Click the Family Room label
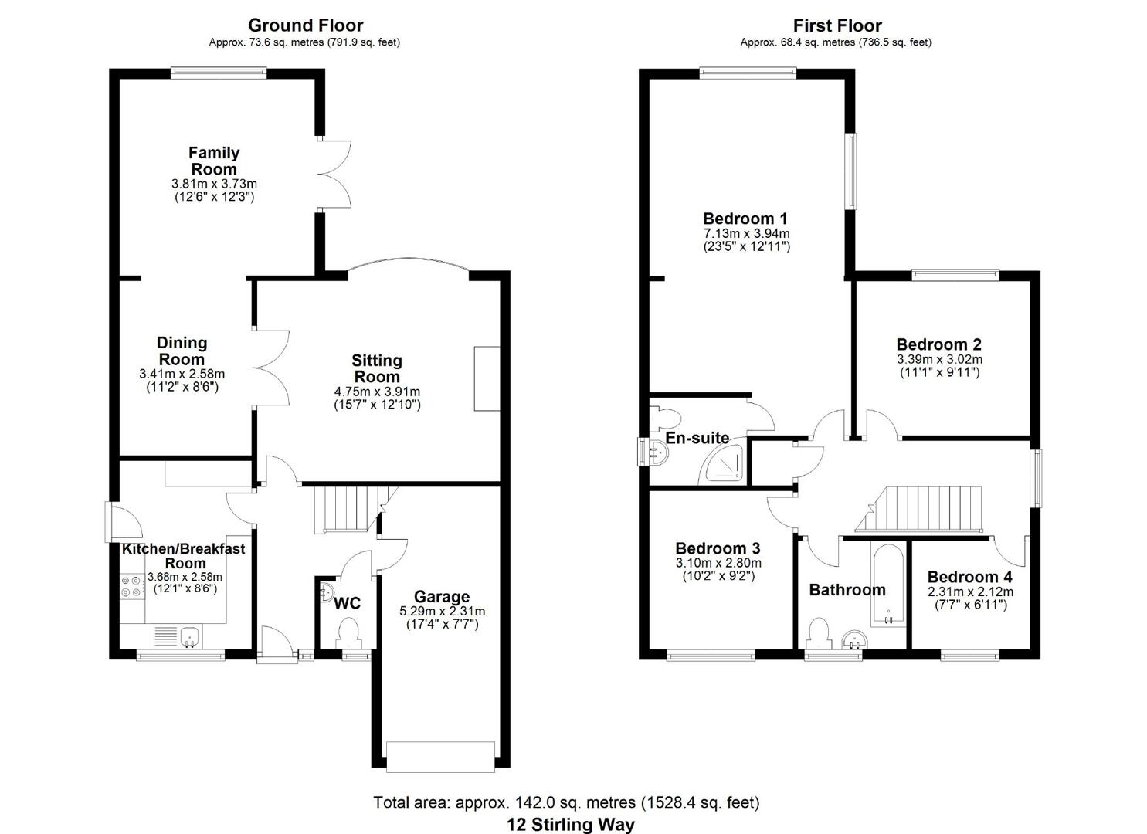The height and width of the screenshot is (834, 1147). [x=214, y=161]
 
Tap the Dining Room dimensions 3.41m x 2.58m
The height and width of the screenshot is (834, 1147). [x=182, y=374]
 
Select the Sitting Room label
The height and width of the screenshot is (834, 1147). [x=377, y=368]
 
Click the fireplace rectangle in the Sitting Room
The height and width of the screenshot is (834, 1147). [x=487, y=378]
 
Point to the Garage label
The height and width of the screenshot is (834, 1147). [x=442, y=597]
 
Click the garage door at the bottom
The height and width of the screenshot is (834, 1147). [x=441, y=757]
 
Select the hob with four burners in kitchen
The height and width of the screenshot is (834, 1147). [x=131, y=587]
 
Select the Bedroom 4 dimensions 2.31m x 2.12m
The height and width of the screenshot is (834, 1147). [x=970, y=592]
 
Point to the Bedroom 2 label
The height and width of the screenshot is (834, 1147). [x=938, y=344]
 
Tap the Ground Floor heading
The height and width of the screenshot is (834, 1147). [x=305, y=25]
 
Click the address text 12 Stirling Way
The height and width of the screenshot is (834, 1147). [x=571, y=824]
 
